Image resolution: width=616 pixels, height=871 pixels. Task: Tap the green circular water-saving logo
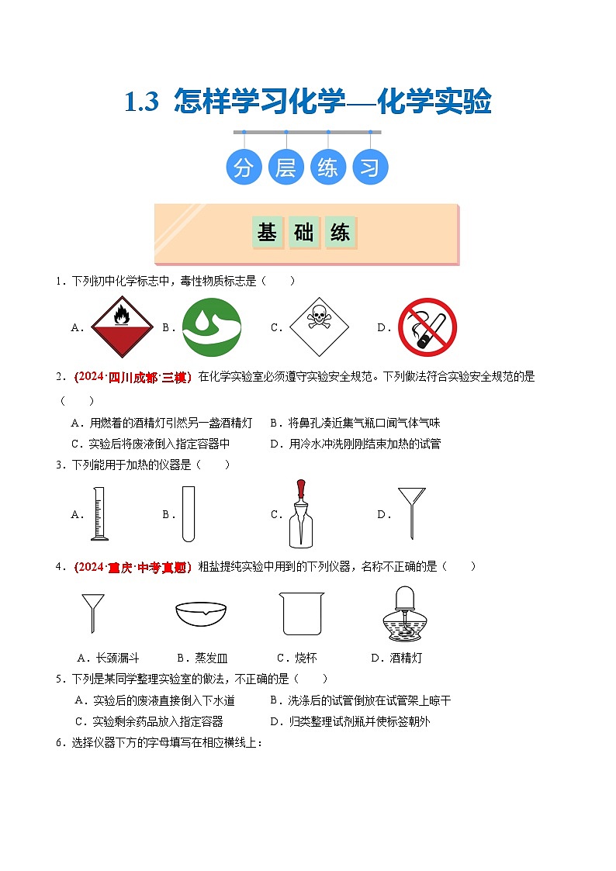click(212, 327)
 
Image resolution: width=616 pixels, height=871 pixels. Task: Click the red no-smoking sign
click(427, 327)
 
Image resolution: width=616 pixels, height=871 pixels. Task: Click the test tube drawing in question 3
click(188, 513)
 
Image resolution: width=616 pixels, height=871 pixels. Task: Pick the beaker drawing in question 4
click(302, 614)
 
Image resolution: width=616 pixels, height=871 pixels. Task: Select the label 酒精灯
click(407, 658)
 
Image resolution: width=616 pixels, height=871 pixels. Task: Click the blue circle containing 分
click(244, 168)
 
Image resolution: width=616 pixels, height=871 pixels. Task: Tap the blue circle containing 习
click(370, 168)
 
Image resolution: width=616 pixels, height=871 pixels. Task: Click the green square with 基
click(268, 232)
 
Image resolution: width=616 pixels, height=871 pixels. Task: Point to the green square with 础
click(304, 232)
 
